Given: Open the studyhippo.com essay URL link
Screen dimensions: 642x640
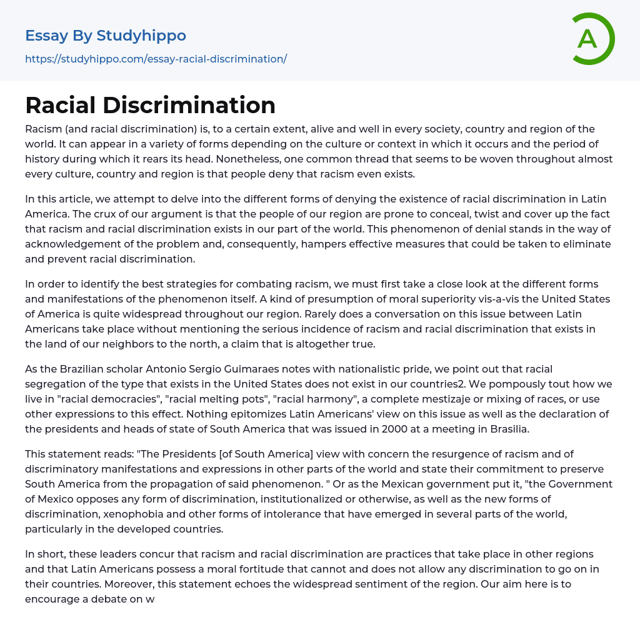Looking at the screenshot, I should (156, 59).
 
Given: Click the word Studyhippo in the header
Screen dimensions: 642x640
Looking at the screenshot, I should (141, 36).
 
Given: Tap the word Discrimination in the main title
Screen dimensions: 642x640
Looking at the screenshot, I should (189, 105).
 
